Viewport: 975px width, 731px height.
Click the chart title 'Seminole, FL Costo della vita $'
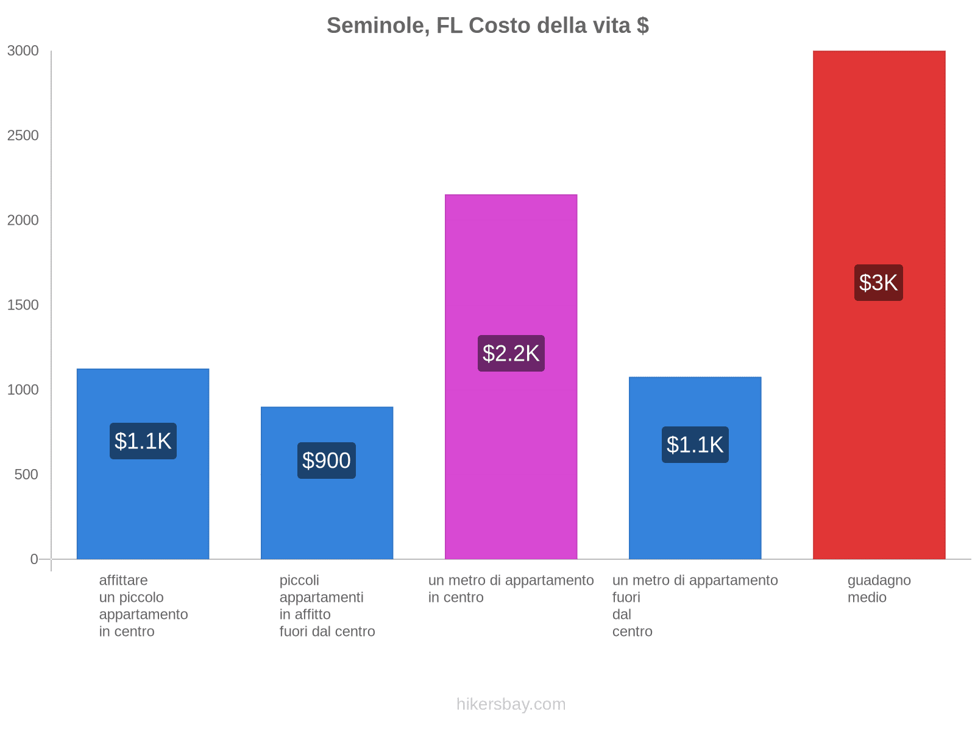pyautogui.click(x=487, y=26)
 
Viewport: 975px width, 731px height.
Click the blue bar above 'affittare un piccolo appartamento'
pyautogui.click(x=143, y=506)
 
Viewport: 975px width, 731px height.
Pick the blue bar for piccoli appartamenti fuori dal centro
pyautogui.click(x=327, y=518)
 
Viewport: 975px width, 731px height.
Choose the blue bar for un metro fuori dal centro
pyautogui.click(x=695, y=512)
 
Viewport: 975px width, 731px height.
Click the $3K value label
pyautogui.click(x=878, y=283)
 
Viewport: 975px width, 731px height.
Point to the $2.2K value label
pyautogui.click(x=511, y=353)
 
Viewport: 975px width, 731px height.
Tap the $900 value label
pyautogui.click(x=327, y=461)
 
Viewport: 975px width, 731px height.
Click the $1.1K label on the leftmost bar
pyautogui.click(x=143, y=441)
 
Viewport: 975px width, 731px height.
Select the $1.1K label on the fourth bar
pyautogui.click(x=695, y=445)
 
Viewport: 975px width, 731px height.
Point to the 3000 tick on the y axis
pyautogui.click(x=23, y=51)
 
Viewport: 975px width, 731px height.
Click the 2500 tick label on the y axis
pyautogui.click(x=23, y=136)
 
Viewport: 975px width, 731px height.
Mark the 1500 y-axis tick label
pyautogui.click(x=23, y=305)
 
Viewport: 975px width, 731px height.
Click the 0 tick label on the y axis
pyautogui.click(x=34, y=559)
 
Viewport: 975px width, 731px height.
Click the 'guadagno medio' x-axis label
pyautogui.click(x=879, y=588)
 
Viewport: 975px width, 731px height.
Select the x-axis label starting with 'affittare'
pyautogui.click(x=143, y=606)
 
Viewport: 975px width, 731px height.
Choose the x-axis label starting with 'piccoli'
pyautogui.click(x=327, y=606)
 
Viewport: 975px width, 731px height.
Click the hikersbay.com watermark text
pyautogui.click(x=511, y=704)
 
